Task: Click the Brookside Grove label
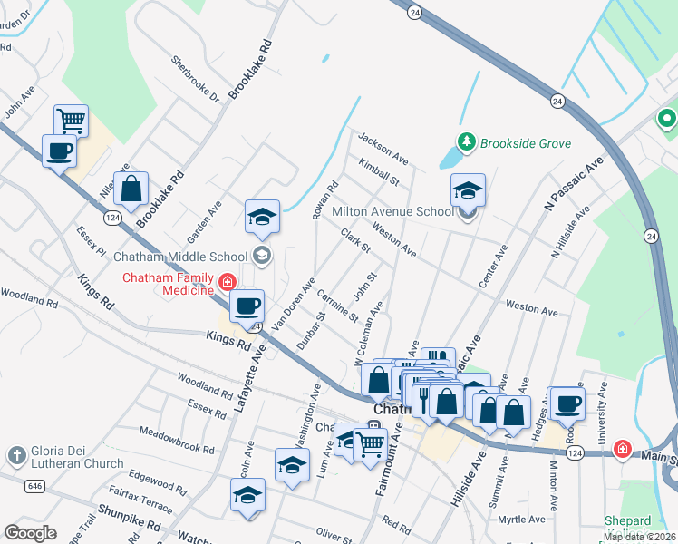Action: [x=525, y=143]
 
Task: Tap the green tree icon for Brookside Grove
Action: [x=466, y=141]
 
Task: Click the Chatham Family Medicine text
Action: [x=169, y=284]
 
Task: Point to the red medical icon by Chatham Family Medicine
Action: [x=225, y=284]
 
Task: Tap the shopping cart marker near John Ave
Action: [x=71, y=121]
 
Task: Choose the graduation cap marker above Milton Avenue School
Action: [x=468, y=190]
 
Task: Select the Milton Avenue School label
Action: [x=392, y=212]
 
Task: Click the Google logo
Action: [x=30, y=532]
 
